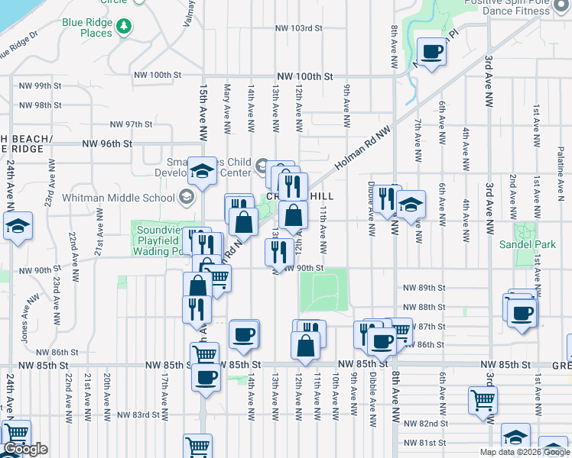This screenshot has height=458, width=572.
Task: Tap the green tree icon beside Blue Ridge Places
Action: (125, 28)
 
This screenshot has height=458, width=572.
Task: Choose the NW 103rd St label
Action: (297, 28)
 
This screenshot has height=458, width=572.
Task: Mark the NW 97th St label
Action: (132, 124)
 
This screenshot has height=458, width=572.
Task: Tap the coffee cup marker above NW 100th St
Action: (431, 53)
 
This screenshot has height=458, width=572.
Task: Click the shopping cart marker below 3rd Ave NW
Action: (482, 400)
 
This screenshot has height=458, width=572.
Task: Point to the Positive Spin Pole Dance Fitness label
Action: (519, 7)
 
